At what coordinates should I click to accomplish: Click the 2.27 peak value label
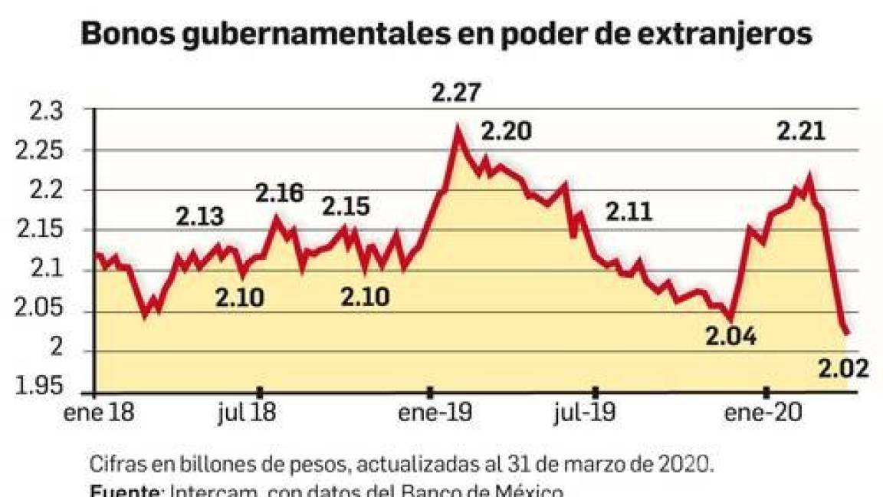(x=457, y=95)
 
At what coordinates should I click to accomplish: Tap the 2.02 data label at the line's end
(x=842, y=370)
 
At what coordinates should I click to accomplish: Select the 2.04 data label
(x=730, y=336)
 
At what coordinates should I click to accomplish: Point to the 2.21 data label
(x=801, y=132)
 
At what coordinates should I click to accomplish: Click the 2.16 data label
(x=280, y=193)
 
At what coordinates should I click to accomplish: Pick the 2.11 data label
(x=629, y=211)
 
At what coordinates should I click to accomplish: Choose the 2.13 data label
(x=200, y=217)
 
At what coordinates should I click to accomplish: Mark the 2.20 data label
(x=505, y=133)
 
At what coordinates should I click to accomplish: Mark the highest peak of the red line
(x=458, y=128)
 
